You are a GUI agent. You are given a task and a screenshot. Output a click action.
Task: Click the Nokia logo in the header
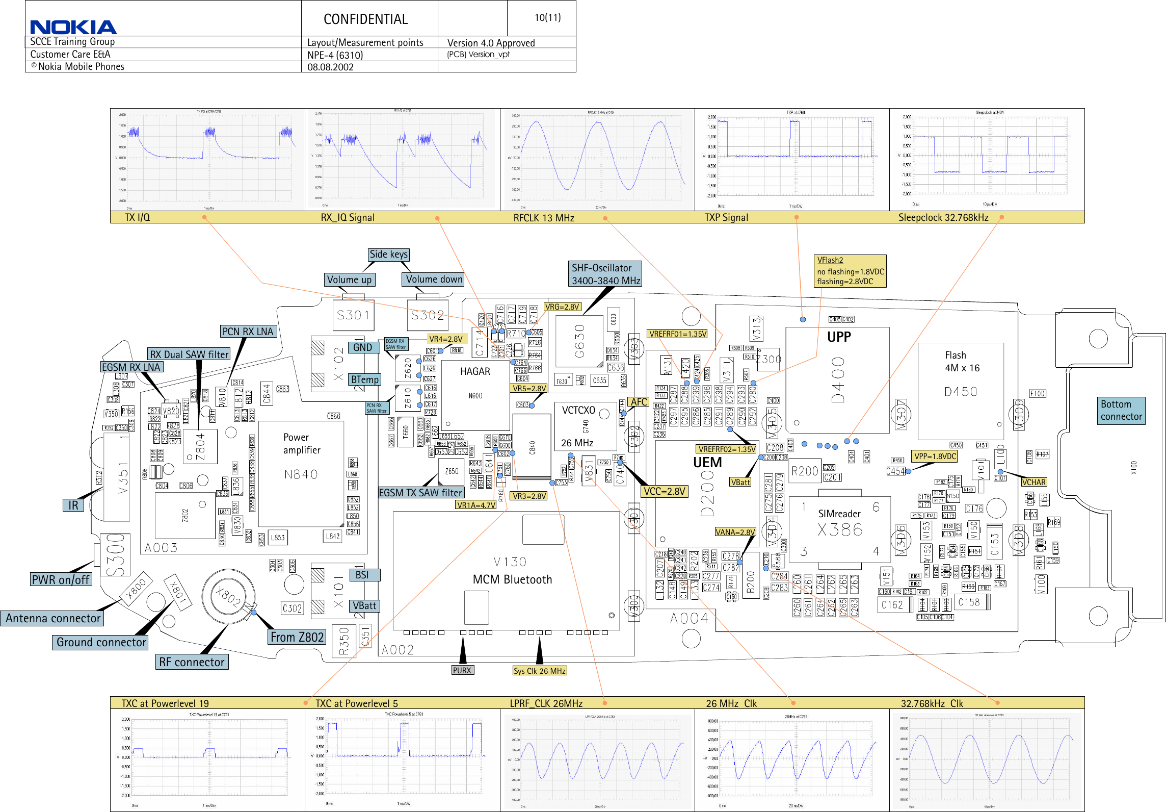(x=73, y=27)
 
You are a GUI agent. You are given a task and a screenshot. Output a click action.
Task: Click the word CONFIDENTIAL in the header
(x=365, y=19)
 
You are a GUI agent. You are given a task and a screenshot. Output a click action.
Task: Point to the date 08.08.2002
(x=330, y=67)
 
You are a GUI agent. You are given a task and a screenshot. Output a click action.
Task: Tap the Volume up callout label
(x=349, y=280)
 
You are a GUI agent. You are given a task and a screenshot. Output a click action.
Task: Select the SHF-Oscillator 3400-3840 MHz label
(x=605, y=274)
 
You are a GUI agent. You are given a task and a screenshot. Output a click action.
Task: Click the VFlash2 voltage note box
(x=850, y=271)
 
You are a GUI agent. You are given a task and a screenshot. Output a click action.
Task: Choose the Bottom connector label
(x=1121, y=411)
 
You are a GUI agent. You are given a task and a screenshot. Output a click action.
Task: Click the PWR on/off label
(x=61, y=579)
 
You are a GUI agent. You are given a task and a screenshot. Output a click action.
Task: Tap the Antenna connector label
(x=52, y=618)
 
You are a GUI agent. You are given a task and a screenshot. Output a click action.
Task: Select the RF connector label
(x=192, y=662)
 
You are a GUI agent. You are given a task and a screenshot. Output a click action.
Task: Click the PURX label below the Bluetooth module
(x=462, y=670)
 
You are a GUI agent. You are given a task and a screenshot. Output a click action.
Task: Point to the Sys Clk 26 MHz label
(x=539, y=671)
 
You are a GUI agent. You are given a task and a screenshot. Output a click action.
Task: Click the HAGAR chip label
(x=475, y=371)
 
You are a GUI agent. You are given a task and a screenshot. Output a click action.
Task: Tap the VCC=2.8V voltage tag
(x=665, y=491)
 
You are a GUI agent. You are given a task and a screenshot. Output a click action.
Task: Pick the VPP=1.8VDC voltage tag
(x=935, y=456)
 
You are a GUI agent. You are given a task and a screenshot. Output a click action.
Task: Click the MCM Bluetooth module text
(x=512, y=579)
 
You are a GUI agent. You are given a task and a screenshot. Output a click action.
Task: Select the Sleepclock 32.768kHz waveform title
(x=943, y=218)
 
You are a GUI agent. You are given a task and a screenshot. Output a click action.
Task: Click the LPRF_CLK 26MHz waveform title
(x=546, y=703)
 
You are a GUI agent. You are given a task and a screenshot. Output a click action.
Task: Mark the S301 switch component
(x=353, y=315)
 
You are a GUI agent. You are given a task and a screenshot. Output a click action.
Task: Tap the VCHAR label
(x=1033, y=482)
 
